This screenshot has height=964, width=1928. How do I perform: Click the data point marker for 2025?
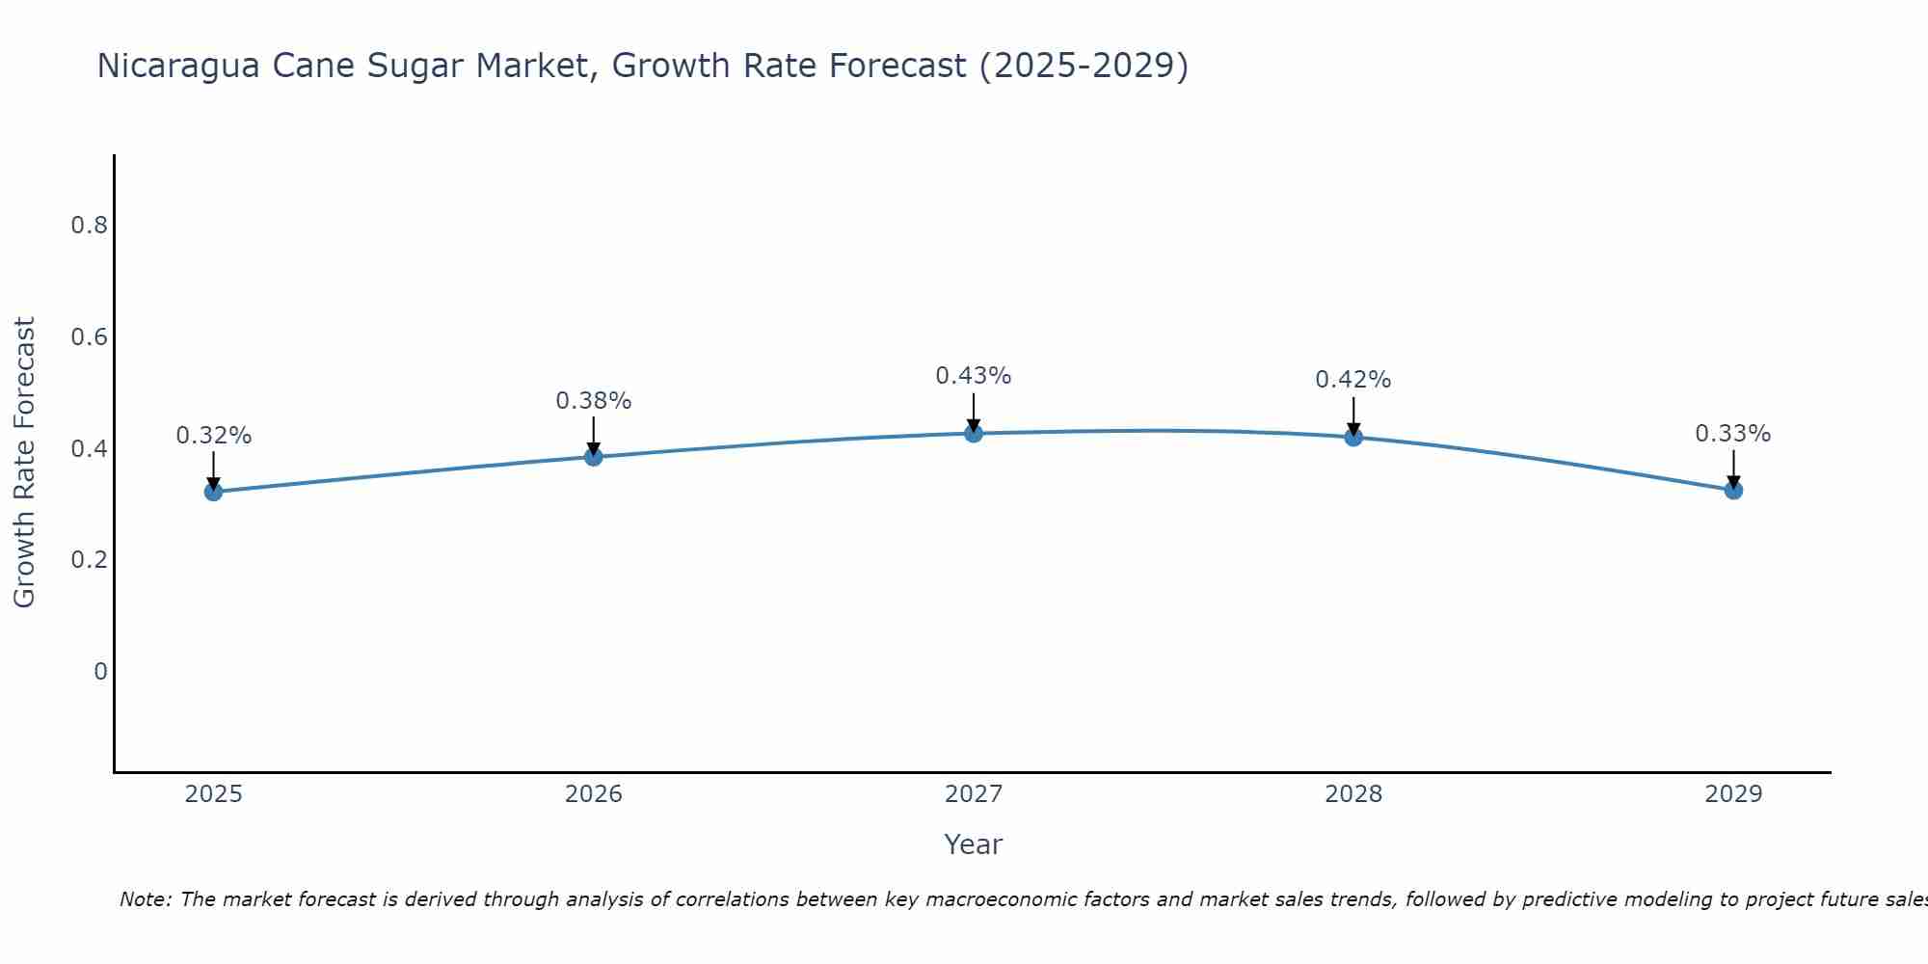coord(213,492)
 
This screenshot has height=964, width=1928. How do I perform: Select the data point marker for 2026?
coord(594,457)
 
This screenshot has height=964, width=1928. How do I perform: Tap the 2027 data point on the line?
coord(974,433)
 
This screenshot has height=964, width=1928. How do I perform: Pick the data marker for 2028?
coord(1353,437)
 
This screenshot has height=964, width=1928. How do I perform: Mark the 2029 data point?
coord(1733,490)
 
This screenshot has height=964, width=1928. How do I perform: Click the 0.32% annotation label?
coord(213,436)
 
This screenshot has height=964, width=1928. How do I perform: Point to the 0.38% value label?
coord(594,401)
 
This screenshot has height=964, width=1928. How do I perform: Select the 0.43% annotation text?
coord(974,376)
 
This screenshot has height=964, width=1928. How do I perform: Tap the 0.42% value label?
coord(1353,380)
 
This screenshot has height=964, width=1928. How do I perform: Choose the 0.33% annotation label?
coord(1733,434)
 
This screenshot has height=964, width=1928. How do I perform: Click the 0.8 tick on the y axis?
coord(89,226)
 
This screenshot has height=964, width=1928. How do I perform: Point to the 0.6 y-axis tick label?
coord(89,337)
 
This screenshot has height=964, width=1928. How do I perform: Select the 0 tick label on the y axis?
coord(100,671)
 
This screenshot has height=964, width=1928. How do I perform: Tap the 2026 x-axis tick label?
coord(594,794)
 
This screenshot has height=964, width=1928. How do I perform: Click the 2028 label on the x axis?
coord(1353,794)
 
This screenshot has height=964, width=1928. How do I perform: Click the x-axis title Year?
coord(974,844)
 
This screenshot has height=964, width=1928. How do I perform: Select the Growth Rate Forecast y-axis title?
coord(25,463)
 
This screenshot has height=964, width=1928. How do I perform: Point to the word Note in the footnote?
coord(145,899)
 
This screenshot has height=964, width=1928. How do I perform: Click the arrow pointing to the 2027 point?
coord(974,413)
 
